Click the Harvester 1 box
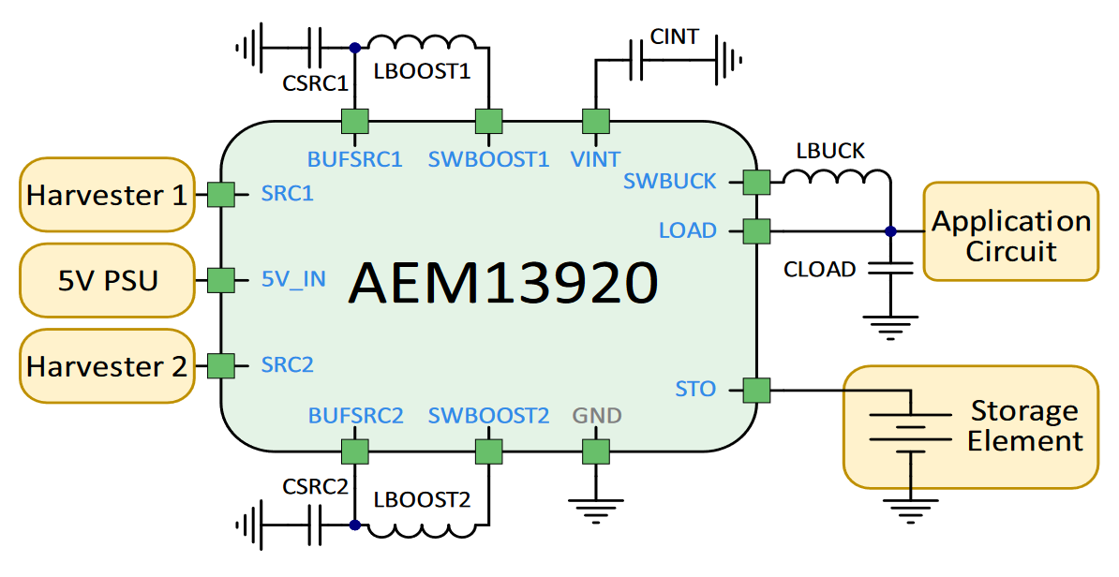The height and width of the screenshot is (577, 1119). [107, 195]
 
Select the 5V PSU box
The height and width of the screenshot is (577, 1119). [107, 280]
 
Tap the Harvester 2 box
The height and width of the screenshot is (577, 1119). [107, 366]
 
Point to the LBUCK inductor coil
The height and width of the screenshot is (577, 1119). [838, 176]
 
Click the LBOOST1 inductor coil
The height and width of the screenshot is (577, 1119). [422, 44]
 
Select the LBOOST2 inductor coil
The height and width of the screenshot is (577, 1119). [422, 528]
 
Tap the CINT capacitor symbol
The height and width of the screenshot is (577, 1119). [636, 62]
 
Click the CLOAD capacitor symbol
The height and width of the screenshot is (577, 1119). [890, 269]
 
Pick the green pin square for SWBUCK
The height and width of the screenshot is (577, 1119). [756, 182]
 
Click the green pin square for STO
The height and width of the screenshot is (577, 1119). [756, 390]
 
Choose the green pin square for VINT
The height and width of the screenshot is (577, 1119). [596, 122]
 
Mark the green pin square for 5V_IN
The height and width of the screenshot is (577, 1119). [220, 280]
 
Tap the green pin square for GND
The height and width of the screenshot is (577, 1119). [596, 451]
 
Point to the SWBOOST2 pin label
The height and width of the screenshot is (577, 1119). [488, 415]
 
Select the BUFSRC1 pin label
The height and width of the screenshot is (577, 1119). [355, 158]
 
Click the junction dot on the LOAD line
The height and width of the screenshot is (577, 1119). [890, 230]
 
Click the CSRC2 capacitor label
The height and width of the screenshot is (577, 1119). [315, 486]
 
